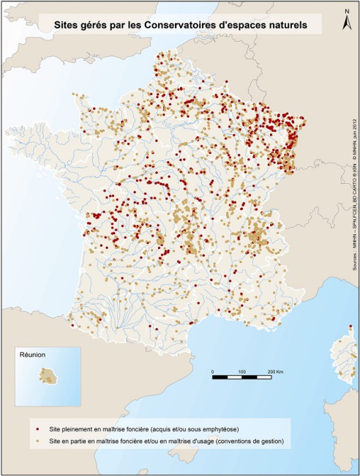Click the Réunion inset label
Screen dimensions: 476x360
pyautogui.click(x=33, y=355)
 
